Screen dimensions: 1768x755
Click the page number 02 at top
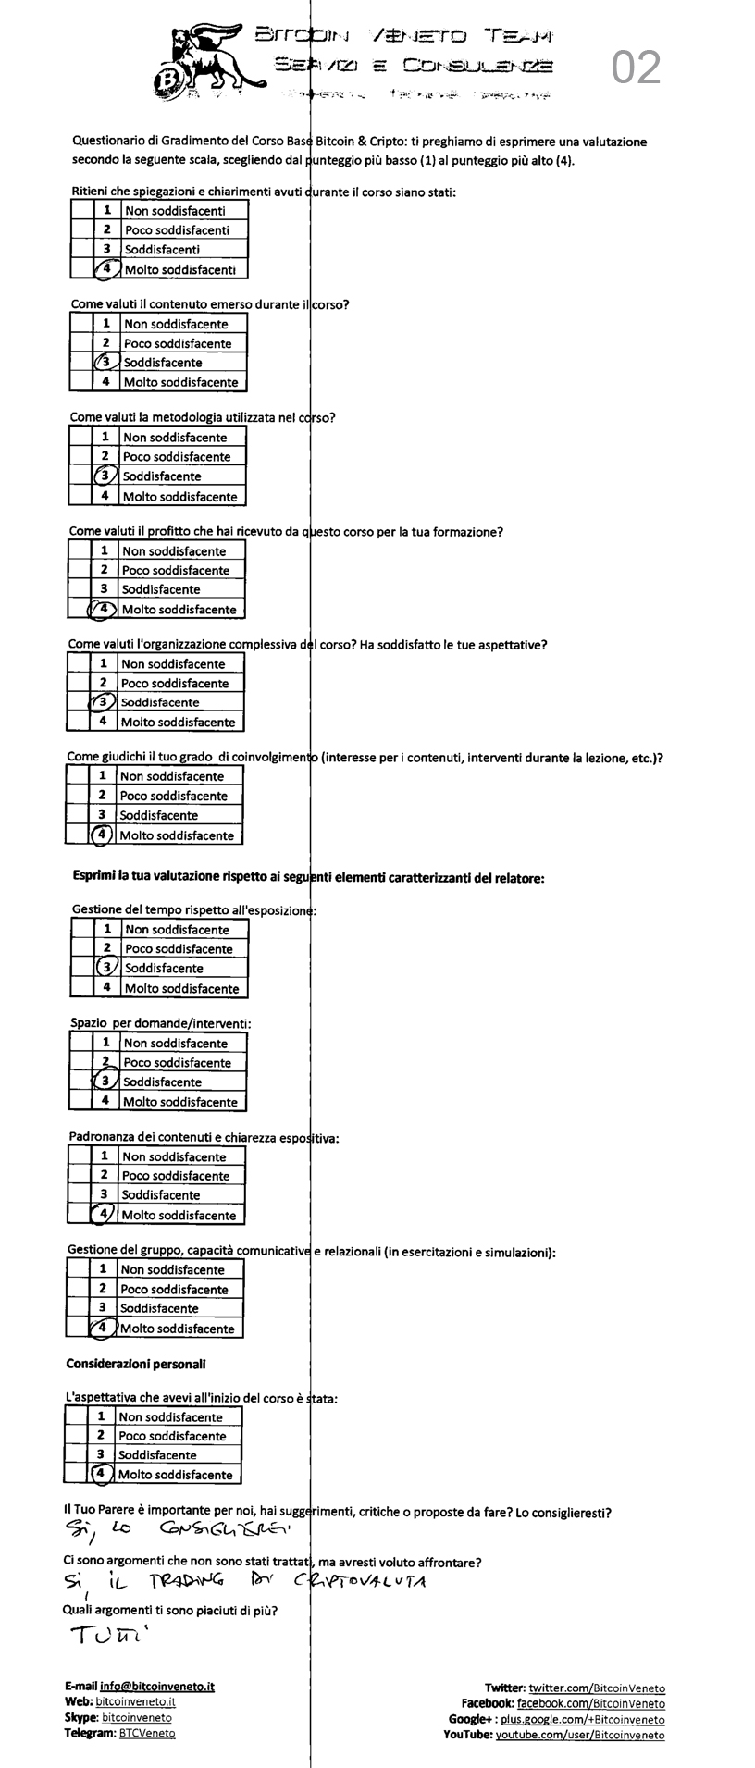tap(637, 68)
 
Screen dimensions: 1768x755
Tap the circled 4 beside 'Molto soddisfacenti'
tap(108, 269)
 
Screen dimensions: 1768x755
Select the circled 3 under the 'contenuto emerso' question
tap(107, 363)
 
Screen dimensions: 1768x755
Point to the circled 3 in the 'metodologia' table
tap(106, 476)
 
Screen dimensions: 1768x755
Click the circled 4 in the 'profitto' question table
tap(104, 609)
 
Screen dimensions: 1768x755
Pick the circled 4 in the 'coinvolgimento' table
tap(101, 835)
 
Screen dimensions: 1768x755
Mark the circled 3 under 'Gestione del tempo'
tap(108, 968)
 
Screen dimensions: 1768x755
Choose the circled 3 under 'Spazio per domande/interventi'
tap(106, 1081)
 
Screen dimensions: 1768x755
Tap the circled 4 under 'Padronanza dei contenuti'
tap(105, 1214)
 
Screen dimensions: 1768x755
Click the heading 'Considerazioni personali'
tap(136, 1364)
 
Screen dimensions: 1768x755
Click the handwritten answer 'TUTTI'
tap(102, 1637)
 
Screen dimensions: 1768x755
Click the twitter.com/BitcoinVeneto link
tap(597, 1688)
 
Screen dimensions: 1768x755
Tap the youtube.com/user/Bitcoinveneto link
tap(580, 1735)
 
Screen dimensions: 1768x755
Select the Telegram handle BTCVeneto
tap(147, 1733)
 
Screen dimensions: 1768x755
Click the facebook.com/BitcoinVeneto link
tap(590, 1703)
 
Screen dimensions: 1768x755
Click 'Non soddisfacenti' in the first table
tap(175, 211)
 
